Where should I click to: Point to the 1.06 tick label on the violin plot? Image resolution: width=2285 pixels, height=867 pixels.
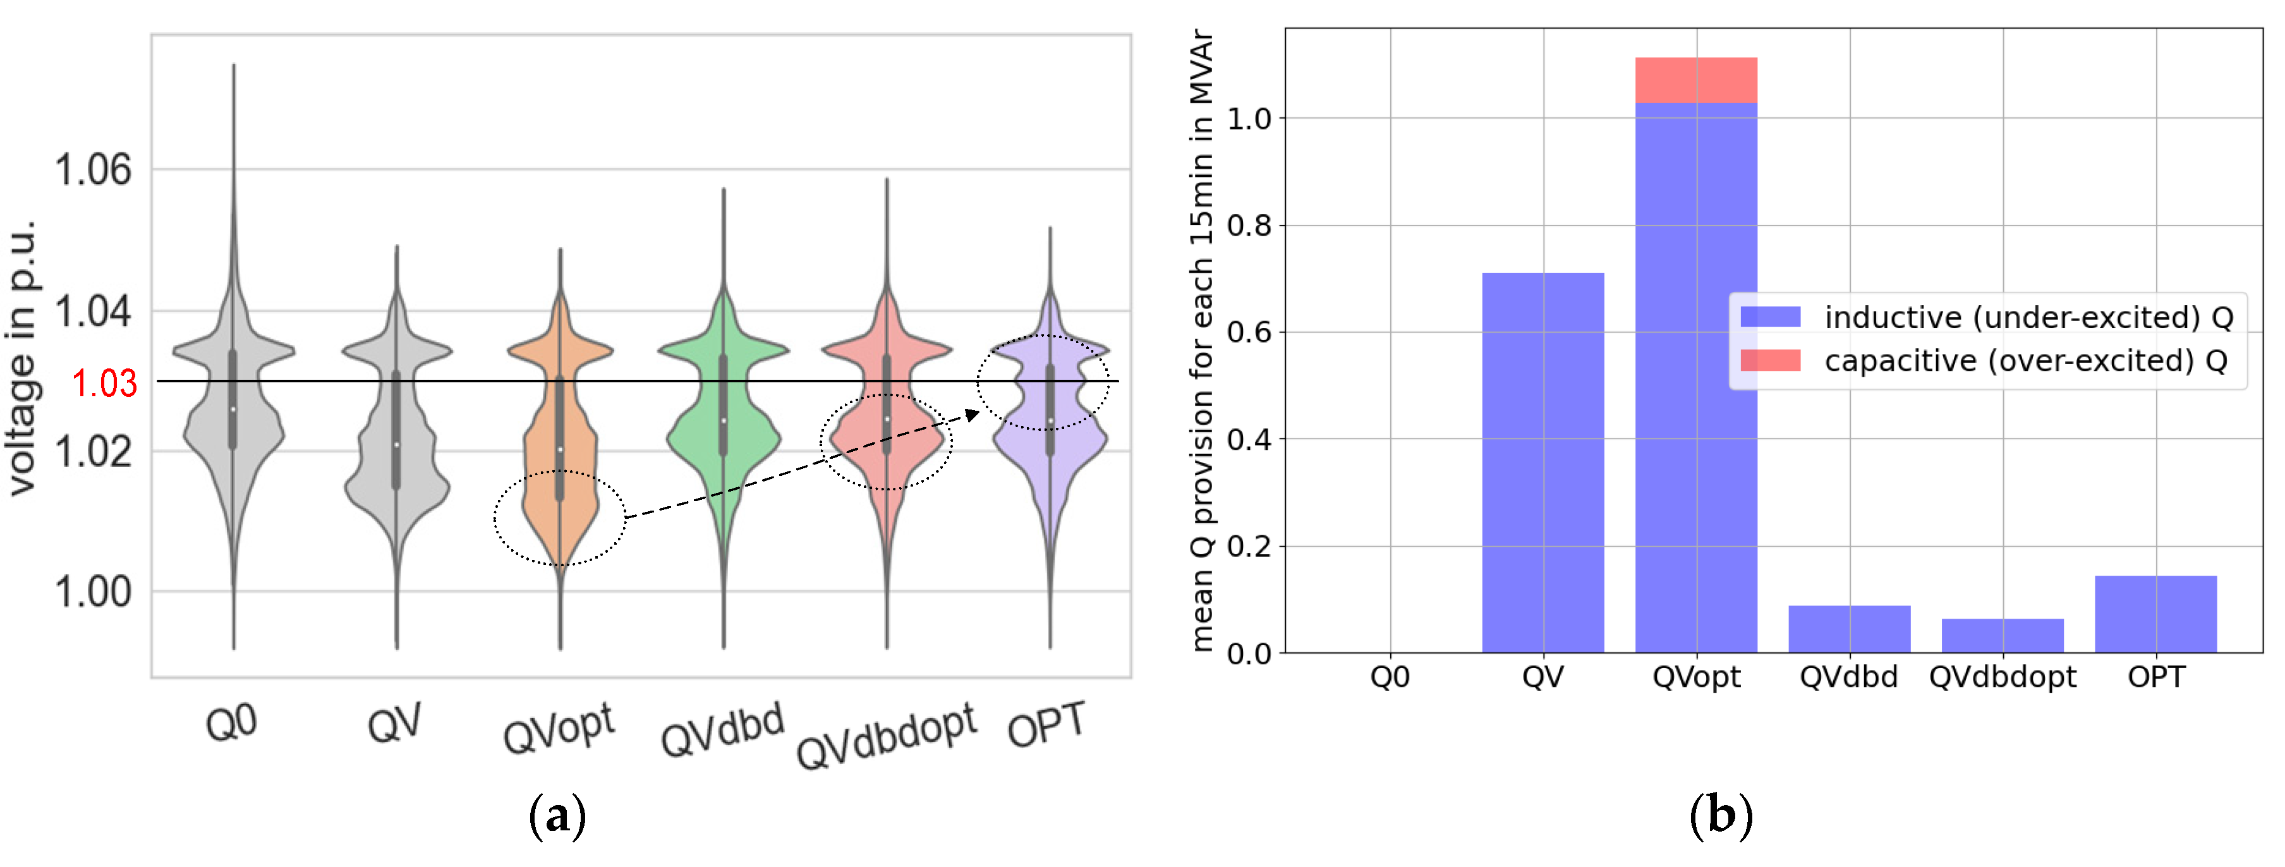tap(92, 169)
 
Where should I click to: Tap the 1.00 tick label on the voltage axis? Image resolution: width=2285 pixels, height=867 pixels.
tap(92, 592)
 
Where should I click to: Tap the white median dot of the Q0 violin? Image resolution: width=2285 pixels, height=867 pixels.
tap(233, 409)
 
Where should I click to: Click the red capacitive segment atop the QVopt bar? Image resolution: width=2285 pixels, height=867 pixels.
tap(1695, 80)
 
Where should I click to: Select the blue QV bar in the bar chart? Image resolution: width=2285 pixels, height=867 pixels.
tap(1543, 461)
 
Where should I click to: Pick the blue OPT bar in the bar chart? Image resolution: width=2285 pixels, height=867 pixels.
tap(2155, 614)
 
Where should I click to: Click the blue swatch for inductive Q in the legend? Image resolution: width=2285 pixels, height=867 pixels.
tap(1769, 317)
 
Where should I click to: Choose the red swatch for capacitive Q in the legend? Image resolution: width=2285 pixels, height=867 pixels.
tap(1769, 360)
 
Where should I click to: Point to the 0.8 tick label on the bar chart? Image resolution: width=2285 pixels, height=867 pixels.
tap(1249, 226)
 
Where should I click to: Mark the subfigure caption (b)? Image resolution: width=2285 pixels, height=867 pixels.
tap(1721, 815)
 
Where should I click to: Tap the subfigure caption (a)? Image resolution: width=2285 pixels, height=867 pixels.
tap(558, 815)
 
